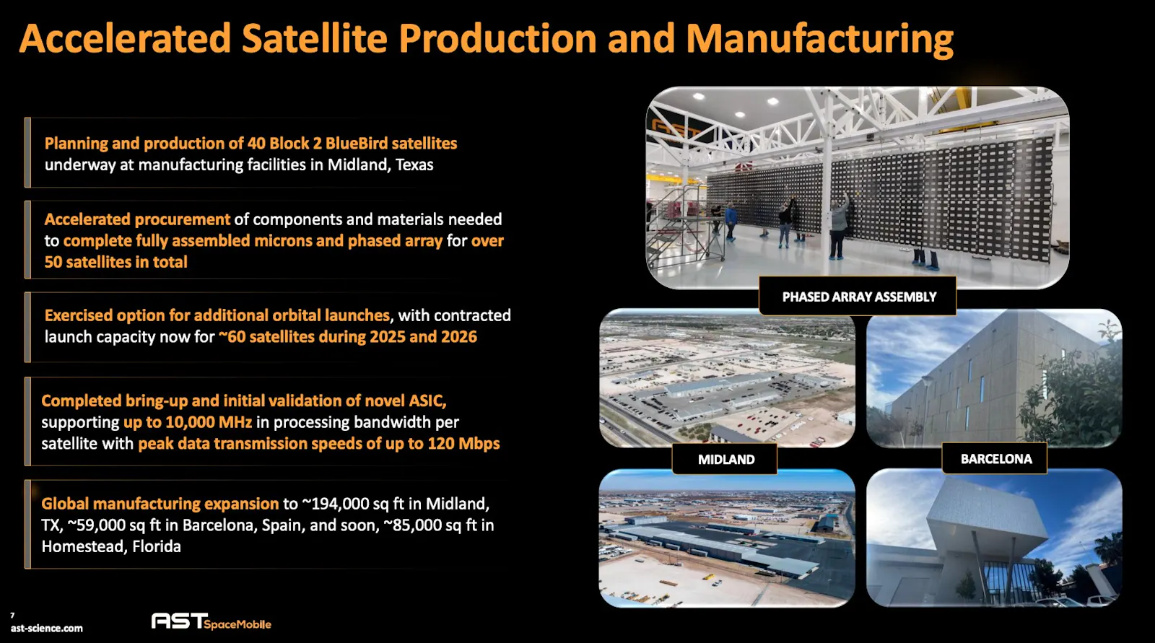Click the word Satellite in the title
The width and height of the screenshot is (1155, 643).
click(x=314, y=39)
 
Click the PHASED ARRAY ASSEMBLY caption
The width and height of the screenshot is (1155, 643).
click(x=859, y=297)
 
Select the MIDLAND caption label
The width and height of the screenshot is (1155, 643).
click(x=726, y=460)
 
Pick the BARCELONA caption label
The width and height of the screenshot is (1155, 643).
click(x=996, y=459)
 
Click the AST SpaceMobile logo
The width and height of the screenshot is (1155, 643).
click(x=211, y=621)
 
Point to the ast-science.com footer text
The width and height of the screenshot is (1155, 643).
click(x=46, y=629)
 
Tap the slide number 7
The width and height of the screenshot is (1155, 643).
click(x=12, y=615)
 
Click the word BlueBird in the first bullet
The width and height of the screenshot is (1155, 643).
click(x=355, y=144)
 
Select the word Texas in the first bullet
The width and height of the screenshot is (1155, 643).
click(x=414, y=165)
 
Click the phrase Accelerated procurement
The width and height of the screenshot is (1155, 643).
click(x=137, y=219)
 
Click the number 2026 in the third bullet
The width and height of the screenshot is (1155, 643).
click(x=459, y=337)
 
